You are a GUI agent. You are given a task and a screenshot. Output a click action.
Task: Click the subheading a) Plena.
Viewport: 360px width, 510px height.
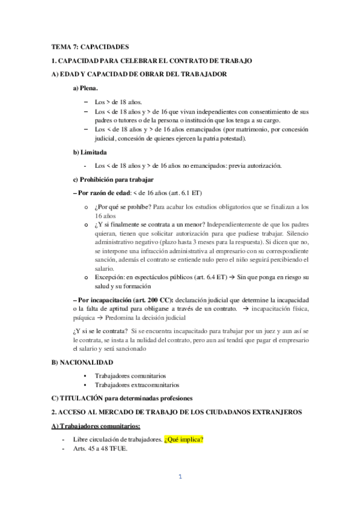pos(85,88)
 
